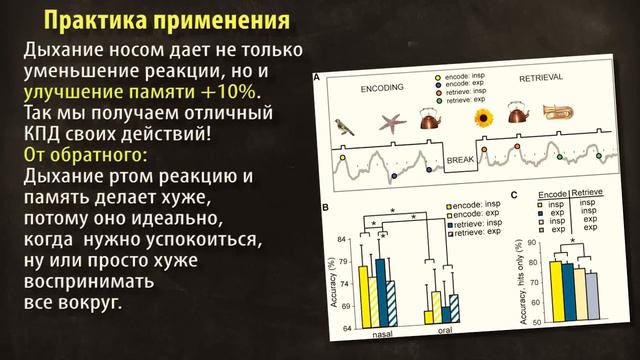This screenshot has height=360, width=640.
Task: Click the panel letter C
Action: [513, 196]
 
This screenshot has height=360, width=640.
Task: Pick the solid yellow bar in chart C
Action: [556, 292]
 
